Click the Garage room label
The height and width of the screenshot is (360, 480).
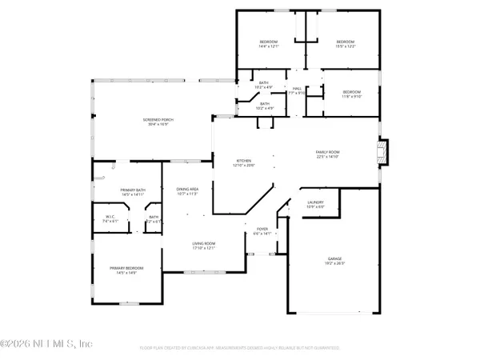[x=334, y=258]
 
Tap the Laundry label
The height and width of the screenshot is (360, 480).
[x=316, y=202]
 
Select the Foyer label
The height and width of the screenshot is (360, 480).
[x=262, y=229]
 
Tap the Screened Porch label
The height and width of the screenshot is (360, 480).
[x=158, y=120]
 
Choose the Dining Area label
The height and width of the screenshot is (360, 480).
[x=187, y=189]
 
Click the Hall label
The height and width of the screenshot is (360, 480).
[x=297, y=89]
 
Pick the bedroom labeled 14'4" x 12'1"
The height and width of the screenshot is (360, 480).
[x=268, y=42]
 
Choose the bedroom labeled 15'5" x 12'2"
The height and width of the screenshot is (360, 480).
[x=345, y=42]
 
